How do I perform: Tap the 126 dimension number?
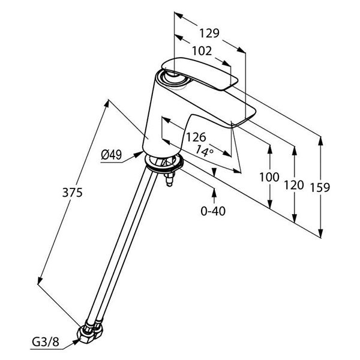coord(195,138)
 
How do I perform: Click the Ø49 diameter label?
coord(112,155)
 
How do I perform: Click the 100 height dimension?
coord(270,177)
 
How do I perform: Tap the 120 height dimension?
coord(294,185)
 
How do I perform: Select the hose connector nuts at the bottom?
coord(90,333)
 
